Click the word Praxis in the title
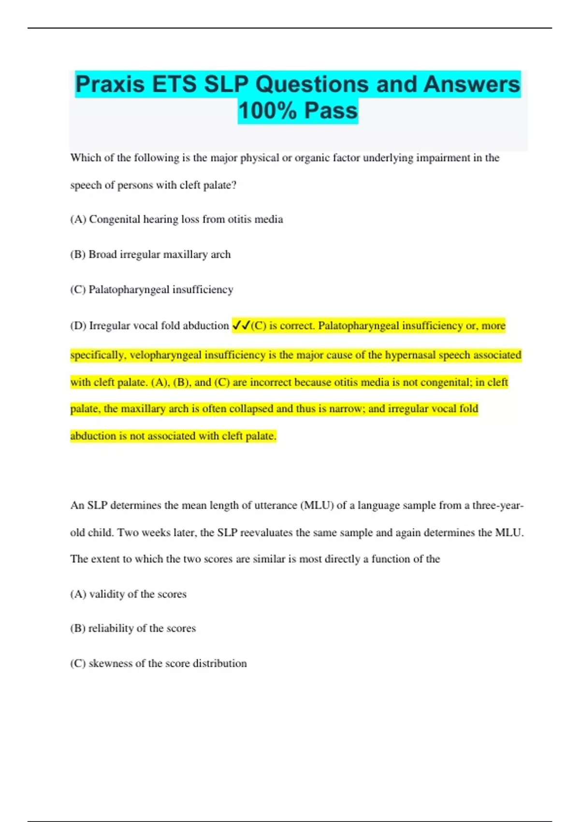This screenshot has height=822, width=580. coord(110,85)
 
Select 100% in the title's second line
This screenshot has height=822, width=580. coord(267,111)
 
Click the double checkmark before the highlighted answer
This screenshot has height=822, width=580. coord(241,325)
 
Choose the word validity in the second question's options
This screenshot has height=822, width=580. coord(107,594)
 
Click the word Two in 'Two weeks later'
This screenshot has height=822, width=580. coord(128,533)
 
